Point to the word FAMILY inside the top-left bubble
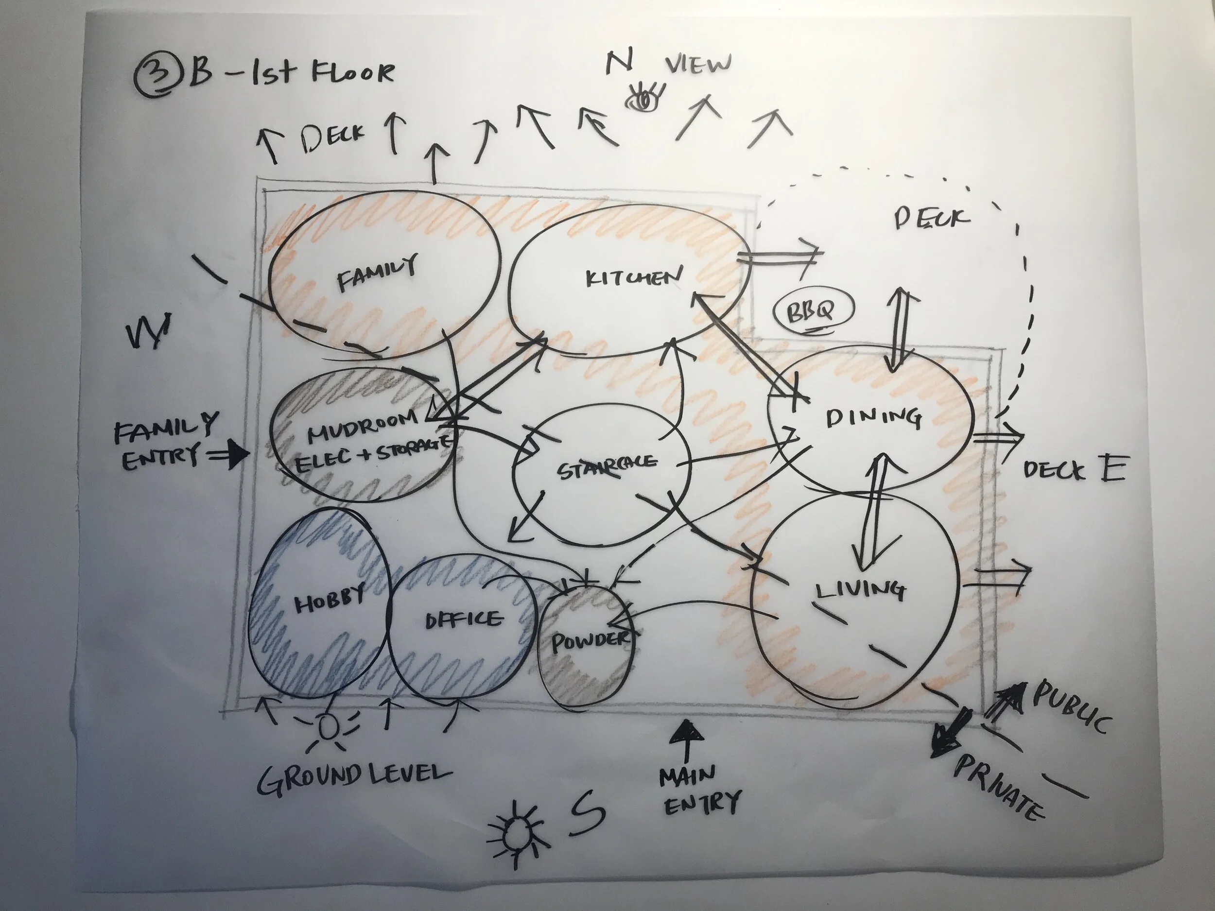[x=377, y=273]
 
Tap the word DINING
[x=873, y=418]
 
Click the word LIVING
[x=860, y=590]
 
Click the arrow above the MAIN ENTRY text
[x=685, y=739]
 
